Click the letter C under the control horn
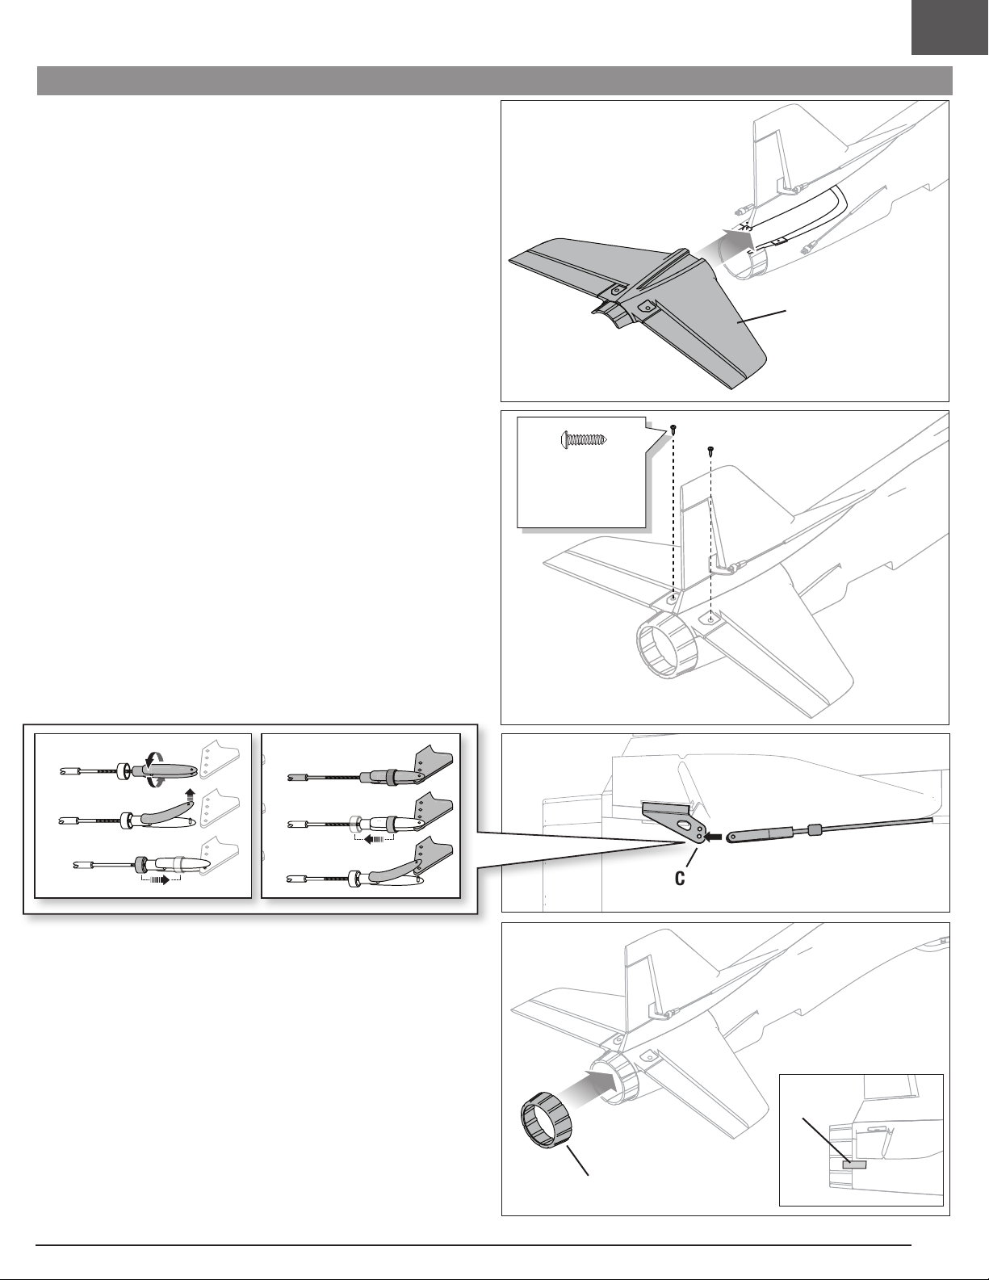point(681,879)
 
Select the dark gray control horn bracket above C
point(674,821)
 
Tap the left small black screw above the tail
point(673,431)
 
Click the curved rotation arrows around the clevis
point(157,770)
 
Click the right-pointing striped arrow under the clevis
point(161,879)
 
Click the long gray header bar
point(494,82)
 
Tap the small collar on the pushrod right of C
point(815,829)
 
